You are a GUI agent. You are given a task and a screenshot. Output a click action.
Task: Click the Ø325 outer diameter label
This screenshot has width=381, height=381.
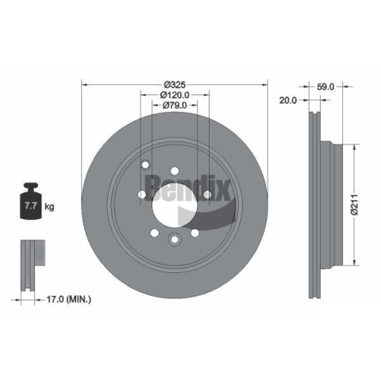(175, 85)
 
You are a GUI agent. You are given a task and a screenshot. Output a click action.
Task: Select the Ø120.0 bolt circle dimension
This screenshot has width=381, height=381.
(175, 94)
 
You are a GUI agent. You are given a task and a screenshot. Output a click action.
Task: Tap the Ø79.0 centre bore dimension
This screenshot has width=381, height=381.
(175, 106)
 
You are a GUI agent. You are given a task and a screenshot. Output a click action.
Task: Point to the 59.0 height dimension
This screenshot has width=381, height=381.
(325, 87)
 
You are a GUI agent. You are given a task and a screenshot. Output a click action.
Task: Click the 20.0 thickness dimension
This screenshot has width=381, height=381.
(288, 100)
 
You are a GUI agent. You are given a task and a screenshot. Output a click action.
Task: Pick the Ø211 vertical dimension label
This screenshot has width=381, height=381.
(354, 204)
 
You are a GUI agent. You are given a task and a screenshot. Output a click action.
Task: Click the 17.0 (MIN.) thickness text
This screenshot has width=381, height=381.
(69, 299)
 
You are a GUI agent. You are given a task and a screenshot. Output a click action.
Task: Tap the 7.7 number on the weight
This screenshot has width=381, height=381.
(30, 206)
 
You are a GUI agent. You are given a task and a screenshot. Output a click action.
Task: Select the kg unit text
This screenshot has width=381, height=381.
(49, 206)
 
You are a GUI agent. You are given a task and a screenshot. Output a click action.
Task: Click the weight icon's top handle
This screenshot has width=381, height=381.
(31, 186)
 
